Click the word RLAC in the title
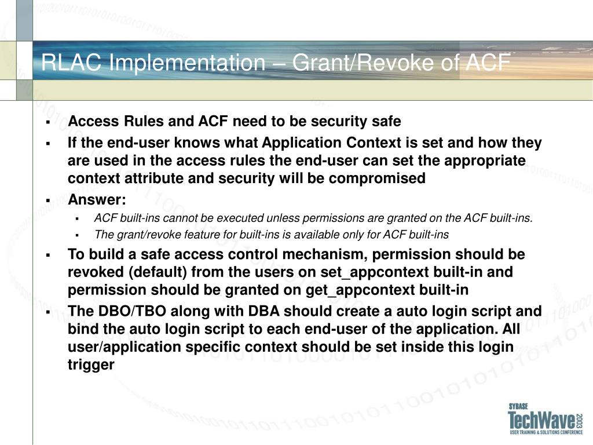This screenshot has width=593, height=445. coord(71,63)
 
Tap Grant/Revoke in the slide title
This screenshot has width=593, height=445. coord(363,63)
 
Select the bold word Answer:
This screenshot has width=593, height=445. coord(97,199)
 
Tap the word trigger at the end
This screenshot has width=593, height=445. coord(91,365)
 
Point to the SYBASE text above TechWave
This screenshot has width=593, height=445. coord(518,406)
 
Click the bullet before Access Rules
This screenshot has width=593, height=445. coord(48,122)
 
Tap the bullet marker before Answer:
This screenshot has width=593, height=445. coord(48,200)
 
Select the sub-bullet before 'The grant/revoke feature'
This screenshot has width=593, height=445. coord(77,235)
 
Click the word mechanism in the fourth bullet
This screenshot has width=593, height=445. coord(325,255)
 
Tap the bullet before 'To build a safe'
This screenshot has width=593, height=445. coord(48,256)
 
